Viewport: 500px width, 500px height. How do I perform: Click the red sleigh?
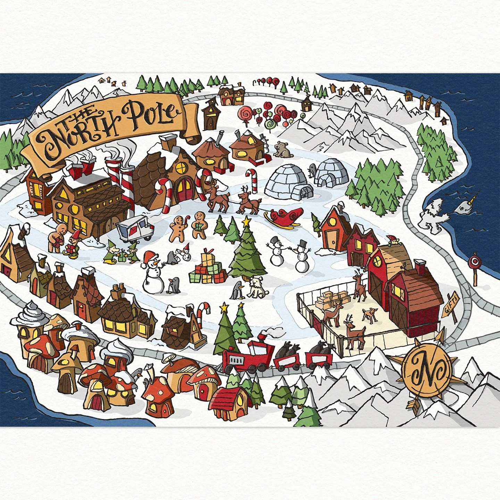pos(283,217)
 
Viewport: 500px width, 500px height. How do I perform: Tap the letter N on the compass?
pos(427,369)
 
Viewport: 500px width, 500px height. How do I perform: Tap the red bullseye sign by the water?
pos(473,261)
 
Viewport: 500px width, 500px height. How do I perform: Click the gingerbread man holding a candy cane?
pos(179,227)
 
